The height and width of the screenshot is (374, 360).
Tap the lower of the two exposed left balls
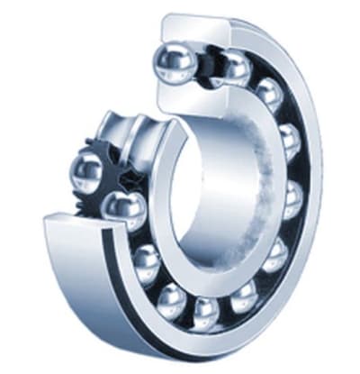click(x=124, y=210)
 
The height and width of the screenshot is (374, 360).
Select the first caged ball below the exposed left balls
click(x=145, y=261)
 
